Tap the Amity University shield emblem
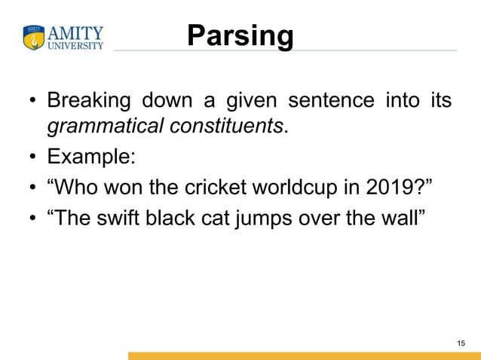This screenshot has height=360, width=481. (35, 38)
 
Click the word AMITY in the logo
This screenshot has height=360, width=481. (75, 32)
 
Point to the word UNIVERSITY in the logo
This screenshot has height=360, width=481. (75, 45)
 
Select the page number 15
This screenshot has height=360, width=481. (461, 343)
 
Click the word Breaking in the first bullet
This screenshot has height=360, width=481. (88, 100)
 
